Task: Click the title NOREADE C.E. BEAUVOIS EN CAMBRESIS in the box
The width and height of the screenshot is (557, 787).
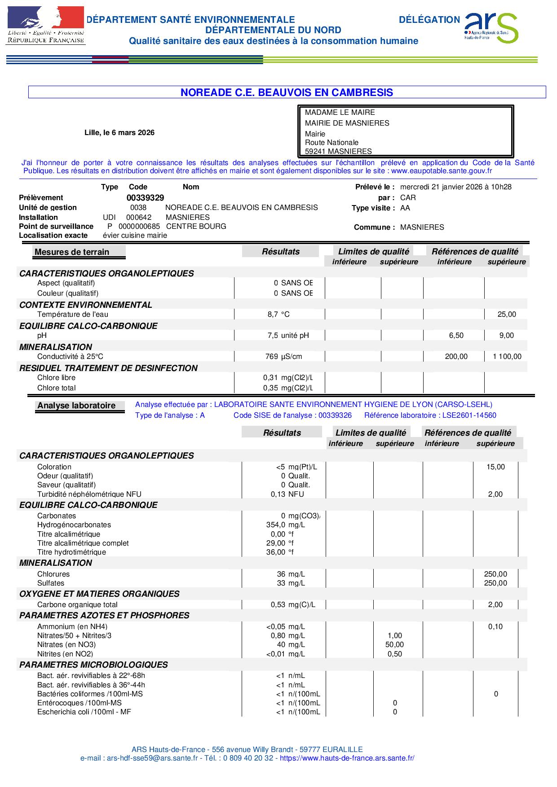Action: tap(287, 92)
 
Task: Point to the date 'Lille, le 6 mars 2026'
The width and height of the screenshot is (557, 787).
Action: tap(119, 132)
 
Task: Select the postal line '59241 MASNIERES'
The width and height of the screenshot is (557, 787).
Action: tap(338, 151)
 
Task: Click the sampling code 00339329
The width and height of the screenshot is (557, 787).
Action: tap(145, 198)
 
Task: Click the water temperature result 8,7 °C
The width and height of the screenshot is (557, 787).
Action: tap(278, 315)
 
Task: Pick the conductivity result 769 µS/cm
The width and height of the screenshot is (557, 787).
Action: tap(283, 357)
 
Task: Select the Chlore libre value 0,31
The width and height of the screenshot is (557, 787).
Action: tap(270, 378)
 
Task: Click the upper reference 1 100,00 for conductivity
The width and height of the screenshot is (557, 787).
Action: tap(507, 357)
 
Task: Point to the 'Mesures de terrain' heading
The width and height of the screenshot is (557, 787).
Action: tap(72, 252)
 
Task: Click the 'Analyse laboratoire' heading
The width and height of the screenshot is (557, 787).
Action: tap(76, 406)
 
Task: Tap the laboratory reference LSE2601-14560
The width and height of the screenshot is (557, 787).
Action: tap(469, 415)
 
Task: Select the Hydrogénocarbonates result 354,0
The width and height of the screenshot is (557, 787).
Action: tap(276, 525)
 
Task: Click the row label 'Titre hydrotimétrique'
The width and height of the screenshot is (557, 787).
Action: tap(71, 552)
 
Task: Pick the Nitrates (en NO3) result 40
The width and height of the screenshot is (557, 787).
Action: tap(281, 645)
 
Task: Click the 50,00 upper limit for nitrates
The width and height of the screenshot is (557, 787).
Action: tap(395, 645)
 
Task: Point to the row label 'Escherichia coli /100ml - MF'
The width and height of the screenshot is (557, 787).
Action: tap(84, 712)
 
